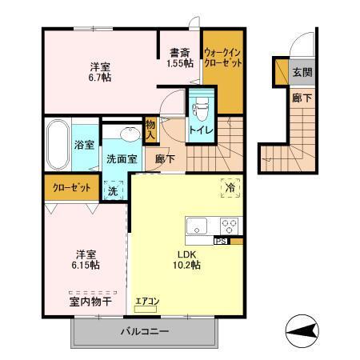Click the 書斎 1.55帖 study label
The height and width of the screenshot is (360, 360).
click(x=179, y=58)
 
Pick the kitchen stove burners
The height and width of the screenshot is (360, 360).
click(x=230, y=226)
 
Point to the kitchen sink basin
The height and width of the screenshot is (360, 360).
click(x=197, y=226)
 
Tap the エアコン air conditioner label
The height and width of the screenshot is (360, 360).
click(x=148, y=302)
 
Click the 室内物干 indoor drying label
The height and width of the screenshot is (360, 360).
click(x=88, y=302)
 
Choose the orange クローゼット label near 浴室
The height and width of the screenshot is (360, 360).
click(x=70, y=187)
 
